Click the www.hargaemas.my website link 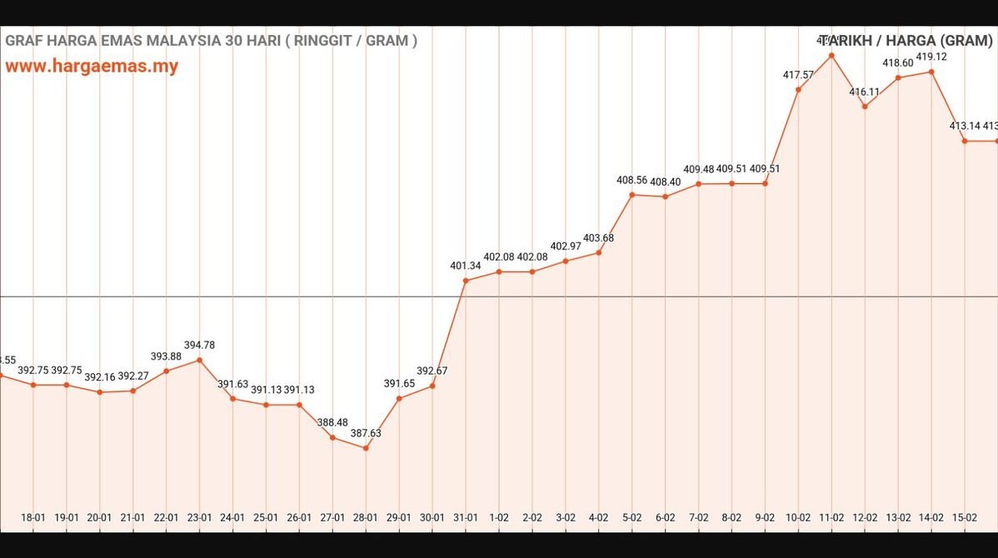(x=92, y=67)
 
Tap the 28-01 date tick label (x=366, y=517)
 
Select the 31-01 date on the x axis (x=466, y=517)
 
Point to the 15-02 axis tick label (x=965, y=517)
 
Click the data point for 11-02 (x=831, y=56)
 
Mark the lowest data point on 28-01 (x=366, y=448)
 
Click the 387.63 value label (x=366, y=433)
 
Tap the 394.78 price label (x=199, y=345)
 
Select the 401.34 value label (x=466, y=266)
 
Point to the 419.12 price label (x=931, y=57)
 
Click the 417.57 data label (x=798, y=75)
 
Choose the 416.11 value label (x=865, y=92)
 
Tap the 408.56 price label (x=632, y=180)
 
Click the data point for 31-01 (x=466, y=281)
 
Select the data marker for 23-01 (x=199, y=360)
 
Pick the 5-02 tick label (x=632, y=517)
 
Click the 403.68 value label (x=599, y=238)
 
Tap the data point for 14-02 (x=931, y=72)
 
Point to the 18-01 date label (x=33, y=517)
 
